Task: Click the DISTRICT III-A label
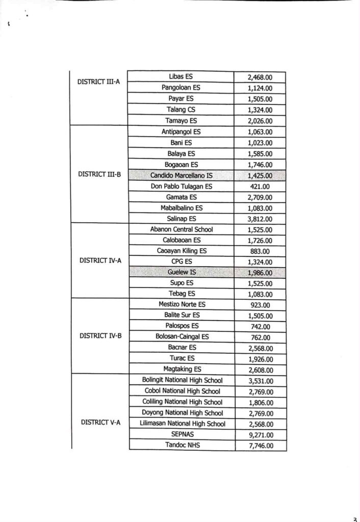pyautogui.click(x=98, y=81)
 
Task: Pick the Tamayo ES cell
pyautogui.click(x=181, y=121)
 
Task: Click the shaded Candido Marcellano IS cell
pyautogui.click(x=182, y=175)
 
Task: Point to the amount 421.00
pyautogui.click(x=260, y=187)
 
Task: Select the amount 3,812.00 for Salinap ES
pyautogui.click(x=260, y=219)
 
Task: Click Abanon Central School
pyautogui.click(x=182, y=229)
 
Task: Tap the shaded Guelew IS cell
pyautogui.click(x=182, y=273)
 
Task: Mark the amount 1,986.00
pyautogui.click(x=260, y=273)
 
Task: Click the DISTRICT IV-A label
pyautogui.click(x=100, y=260)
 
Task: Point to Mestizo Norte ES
pyautogui.click(x=182, y=304)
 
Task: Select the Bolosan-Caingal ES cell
pyautogui.click(x=182, y=336)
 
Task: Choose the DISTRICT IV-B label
pyautogui.click(x=100, y=336)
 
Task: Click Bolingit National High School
pyautogui.click(x=183, y=380)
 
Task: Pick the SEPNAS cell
pyautogui.click(x=182, y=434)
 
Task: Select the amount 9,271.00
pyautogui.click(x=260, y=435)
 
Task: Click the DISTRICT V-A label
pyautogui.click(x=100, y=423)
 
